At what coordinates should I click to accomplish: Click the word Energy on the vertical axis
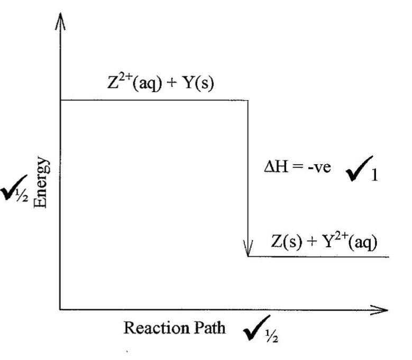point(44,177)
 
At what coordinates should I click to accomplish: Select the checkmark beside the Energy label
point(11,186)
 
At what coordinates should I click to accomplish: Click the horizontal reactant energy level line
point(153,100)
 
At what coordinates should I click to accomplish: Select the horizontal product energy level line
point(317,256)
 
